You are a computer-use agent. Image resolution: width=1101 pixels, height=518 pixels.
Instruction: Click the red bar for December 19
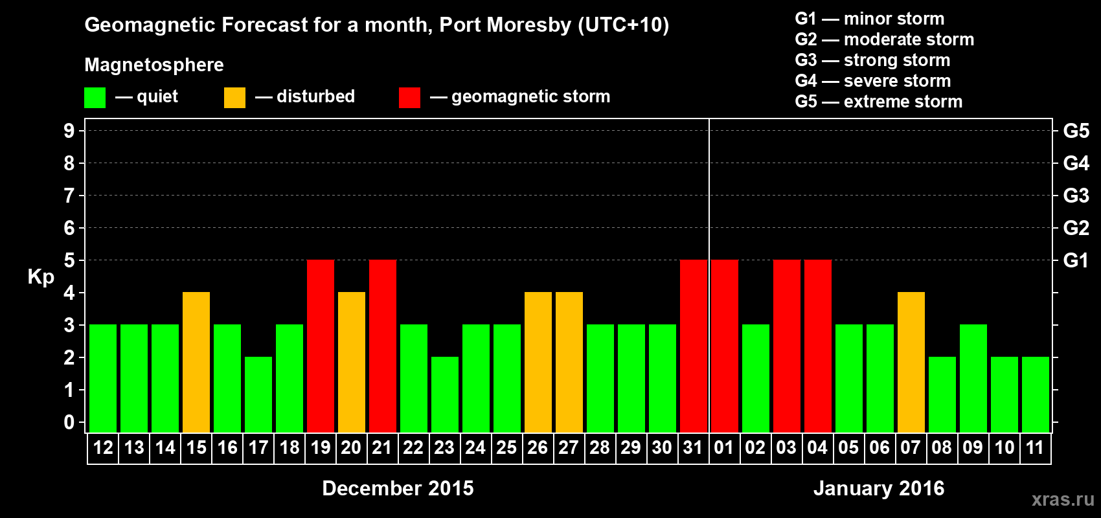pos(321,346)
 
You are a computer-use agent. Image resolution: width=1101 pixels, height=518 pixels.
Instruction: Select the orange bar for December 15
pos(196,362)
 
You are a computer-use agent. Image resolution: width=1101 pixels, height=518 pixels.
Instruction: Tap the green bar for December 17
pos(258,394)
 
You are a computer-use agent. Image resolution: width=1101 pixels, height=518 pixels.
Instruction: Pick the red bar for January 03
pos(787,346)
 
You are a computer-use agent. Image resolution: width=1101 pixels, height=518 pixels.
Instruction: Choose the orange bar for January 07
pos(911,362)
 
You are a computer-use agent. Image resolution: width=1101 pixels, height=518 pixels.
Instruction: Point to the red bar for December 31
pos(694,346)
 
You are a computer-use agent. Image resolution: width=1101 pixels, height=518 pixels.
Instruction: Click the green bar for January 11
pos(1036,394)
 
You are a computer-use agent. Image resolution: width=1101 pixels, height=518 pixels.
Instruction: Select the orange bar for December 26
pos(538,362)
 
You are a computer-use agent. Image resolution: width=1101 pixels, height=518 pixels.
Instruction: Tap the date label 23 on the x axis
pos(444,447)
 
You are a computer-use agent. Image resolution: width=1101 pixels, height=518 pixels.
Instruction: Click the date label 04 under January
pos(817,447)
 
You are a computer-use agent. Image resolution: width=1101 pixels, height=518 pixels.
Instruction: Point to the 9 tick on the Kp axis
pos(69,131)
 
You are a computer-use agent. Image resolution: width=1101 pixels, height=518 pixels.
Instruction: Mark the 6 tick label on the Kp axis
pos(69,228)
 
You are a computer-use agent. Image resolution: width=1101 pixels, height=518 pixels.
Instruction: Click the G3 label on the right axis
pos(1076,196)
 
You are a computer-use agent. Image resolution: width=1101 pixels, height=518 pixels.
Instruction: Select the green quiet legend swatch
pos(95,98)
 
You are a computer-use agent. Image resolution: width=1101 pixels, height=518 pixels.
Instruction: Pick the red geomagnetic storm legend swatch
pos(409,98)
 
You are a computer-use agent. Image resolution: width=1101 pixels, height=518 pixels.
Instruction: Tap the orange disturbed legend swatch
pos(234,98)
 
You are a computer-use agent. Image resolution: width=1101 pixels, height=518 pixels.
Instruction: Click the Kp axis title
pos(41,276)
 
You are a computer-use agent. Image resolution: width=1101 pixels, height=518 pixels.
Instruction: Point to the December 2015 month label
pos(398,488)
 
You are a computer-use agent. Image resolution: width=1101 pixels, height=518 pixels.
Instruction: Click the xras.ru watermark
pos(1063,499)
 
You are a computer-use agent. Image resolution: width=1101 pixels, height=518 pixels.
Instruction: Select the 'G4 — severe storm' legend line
pos(872,81)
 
